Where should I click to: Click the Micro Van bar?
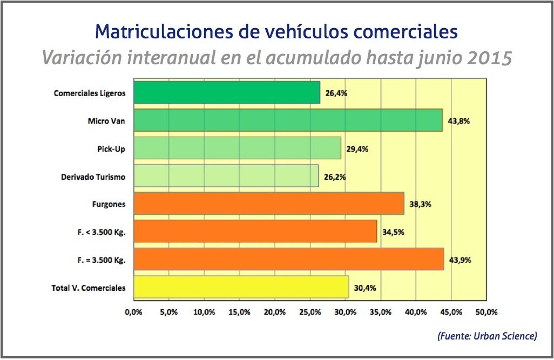[288, 120]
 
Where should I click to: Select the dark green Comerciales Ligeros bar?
[226, 92]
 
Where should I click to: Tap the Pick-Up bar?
[237, 148]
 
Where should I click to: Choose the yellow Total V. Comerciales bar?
[241, 287]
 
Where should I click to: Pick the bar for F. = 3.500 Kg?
[288, 260]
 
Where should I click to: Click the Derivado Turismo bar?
[226, 176]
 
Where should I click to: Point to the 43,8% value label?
[459, 121]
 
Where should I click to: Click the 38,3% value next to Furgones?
[420, 205]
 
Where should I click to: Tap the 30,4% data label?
[365, 288]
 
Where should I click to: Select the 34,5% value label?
[393, 232]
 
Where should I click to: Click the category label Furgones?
[109, 205]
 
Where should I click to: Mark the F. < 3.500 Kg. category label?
[102, 232]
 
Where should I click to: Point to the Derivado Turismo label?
[93, 176]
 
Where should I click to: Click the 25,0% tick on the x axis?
[310, 312]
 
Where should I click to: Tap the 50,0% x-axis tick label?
[487, 312]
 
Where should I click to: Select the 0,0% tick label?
[133, 312]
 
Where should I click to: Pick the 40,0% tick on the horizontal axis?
[416, 312]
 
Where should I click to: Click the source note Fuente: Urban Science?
[487, 336]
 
